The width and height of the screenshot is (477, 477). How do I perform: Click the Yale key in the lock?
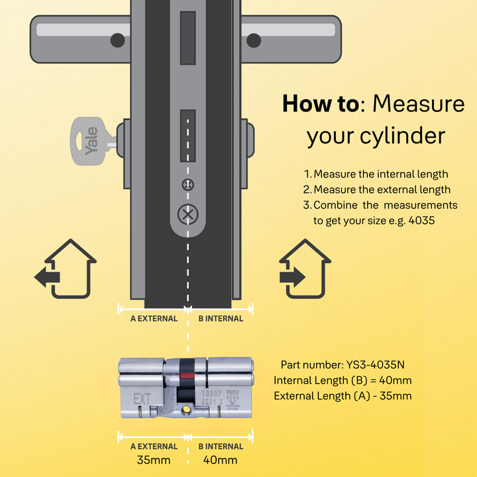coord(89,140)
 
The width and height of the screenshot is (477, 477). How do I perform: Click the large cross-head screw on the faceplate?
coord(187,214)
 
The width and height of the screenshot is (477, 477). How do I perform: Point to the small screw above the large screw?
coord(187,184)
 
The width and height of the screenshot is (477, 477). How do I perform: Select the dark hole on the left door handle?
coord(117,41)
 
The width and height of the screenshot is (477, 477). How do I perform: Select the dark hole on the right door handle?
coord(255,41)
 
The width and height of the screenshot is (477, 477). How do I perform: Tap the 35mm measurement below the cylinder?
coord(154,460)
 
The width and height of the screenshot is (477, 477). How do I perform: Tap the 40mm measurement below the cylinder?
coord(221,460)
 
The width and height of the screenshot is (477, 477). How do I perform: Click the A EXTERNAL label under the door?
coord(153,318)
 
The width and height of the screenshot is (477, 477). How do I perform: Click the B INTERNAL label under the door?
coord(221,318)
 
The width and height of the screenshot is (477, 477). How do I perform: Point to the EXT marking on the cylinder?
coord(142,399)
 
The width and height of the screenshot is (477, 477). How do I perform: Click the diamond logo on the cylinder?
coord(233,400)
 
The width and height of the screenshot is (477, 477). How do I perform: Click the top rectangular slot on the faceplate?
coord(188,38)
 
